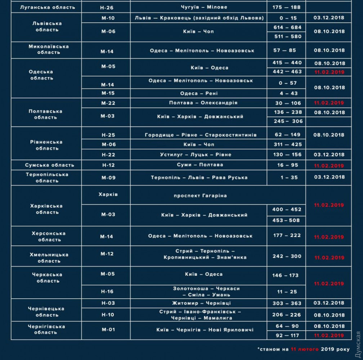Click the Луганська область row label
pyautogui.click(x=47, y=7)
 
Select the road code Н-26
pyautogui.click(x=107, y=7)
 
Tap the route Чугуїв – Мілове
pyautogui.click(x=199, y=7)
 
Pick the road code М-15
pyautogui.click(x=108, y=93)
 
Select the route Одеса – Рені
pyautogui.click(x=199, y=93)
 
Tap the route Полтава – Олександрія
pyautogui.click(x=203, y=103)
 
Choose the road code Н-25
pyautogui.click(x=108, y=135)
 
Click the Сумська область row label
pyautogui.click(x=50, y=165)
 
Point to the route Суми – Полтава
pyautogui.click(x=200, y=165)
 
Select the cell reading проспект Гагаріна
pyautogui.click(x=200, y=196)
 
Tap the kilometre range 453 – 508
pyautogui.click(x=287, y=220)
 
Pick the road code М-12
pyautogui.click(x=107, y=254)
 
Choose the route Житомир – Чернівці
pyautogui.click(x=201, y=303)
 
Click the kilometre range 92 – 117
pyautogui.click(x=287, y=335)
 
